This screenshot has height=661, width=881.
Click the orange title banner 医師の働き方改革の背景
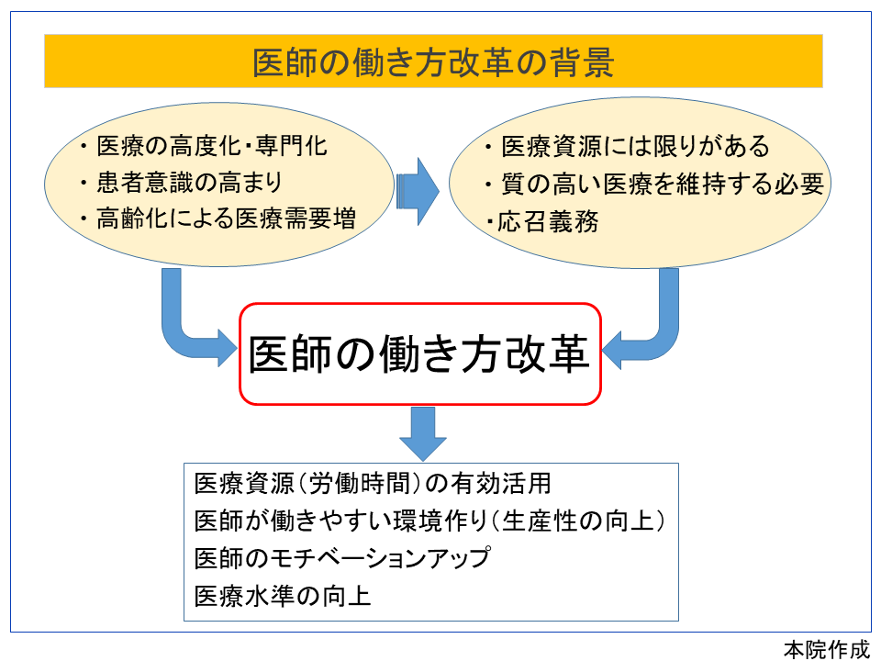pos(433,62)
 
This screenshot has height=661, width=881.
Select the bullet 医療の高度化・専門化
pos(211,147)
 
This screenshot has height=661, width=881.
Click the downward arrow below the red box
pos(422,431)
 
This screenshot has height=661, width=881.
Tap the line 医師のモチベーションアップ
pos(341,558)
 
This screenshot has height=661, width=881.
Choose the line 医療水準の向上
pos(283,596)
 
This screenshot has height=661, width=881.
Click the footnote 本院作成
pos(825,648)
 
